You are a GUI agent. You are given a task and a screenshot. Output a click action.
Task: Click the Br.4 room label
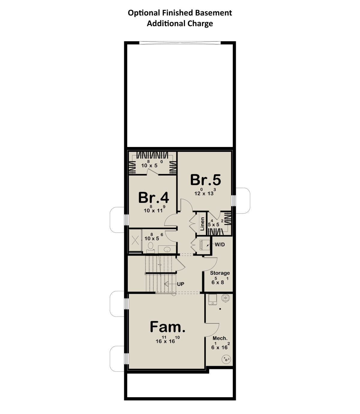153,197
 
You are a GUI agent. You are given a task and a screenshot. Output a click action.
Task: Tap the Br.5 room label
205,180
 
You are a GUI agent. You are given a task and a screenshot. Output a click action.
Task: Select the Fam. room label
168,327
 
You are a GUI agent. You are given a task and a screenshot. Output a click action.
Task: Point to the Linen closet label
202,224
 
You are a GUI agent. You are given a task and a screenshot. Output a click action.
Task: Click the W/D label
220,244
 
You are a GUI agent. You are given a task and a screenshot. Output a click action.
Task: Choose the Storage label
220,273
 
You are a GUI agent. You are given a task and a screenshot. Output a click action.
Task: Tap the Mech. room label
220,338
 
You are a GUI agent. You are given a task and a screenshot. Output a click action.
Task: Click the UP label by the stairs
181,284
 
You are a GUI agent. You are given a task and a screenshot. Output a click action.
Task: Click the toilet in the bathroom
150,247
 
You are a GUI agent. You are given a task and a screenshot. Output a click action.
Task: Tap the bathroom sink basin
167,249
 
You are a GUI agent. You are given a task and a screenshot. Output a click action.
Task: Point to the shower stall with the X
135,240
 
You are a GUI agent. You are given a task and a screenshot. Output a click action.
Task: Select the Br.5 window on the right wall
233,200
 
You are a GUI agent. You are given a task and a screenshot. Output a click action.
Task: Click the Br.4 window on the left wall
126,220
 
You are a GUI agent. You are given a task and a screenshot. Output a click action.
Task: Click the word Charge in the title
200,24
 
